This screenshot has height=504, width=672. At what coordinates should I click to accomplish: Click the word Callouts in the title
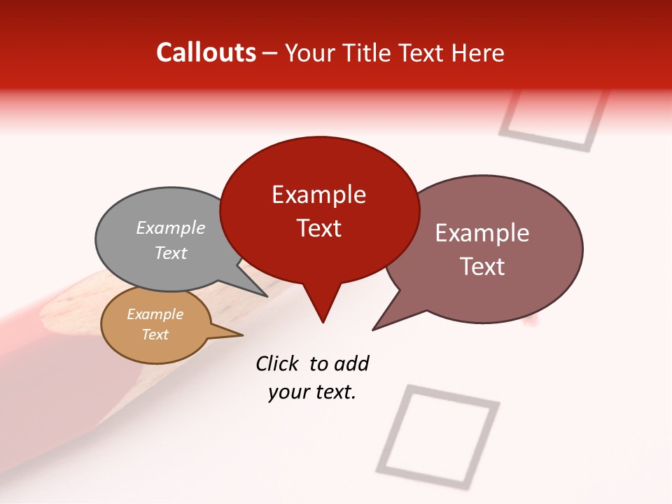(206, 52)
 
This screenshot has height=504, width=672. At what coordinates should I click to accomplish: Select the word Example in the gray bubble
(171, 227)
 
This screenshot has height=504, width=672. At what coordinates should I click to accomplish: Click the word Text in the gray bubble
(171, 253)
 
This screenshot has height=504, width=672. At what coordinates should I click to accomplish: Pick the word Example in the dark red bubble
(318, 195)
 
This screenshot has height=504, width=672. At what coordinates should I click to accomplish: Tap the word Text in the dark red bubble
(318, 228)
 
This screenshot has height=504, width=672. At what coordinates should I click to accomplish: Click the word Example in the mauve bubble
(482, 233)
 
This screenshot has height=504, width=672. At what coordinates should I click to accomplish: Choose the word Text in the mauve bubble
(482, 267)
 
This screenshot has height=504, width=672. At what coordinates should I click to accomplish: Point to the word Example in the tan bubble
(155, 314)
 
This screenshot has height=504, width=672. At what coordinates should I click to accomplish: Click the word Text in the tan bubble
(155, 335)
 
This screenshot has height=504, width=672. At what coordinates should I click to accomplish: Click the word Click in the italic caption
(277, 363)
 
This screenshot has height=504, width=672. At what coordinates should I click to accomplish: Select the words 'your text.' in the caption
(312, 392)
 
